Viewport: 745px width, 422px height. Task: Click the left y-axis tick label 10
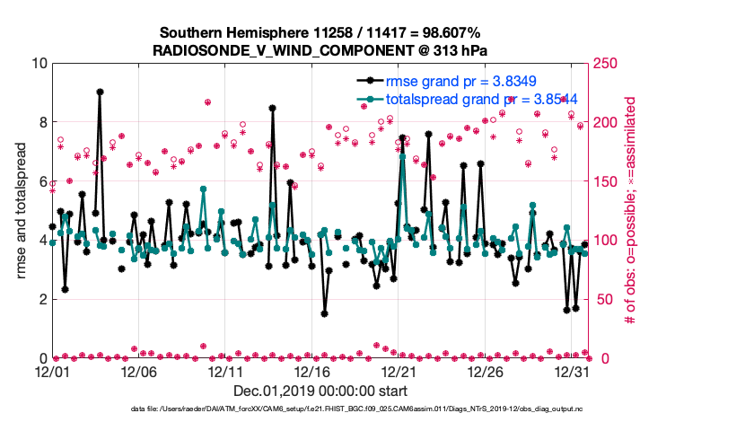37,64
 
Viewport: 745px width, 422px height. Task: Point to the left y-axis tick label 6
40,181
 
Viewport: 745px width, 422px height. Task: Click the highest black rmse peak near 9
100,92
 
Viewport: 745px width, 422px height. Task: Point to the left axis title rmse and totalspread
20,210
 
